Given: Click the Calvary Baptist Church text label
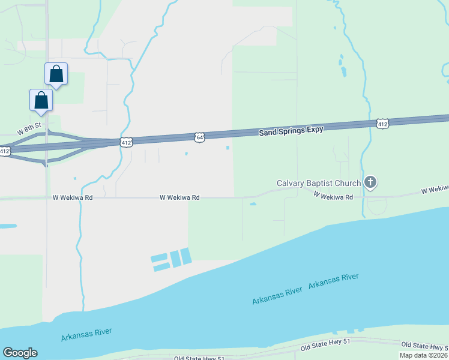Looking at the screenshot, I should (x=318, y=183).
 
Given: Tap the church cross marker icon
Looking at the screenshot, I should (x=370, y=182).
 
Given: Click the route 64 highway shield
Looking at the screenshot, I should (x=200, y=137).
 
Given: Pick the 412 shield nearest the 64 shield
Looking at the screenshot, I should (x=125, y=142).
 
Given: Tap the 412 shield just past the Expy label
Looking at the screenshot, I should (x=382, y=124).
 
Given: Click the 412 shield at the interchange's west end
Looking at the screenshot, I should (x=5, y=151).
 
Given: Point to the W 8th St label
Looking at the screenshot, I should (x=28, y=129).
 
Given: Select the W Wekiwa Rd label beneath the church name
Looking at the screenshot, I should (x=333, y=196).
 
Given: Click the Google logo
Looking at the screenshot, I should (x=20, y=353).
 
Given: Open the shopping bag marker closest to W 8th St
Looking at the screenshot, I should (x=41, y=100).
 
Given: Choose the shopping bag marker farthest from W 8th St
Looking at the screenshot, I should (x=56, y=74).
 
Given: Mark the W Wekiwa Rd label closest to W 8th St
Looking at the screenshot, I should (x=73, y=197).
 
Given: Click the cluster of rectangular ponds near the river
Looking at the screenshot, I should (x=171, y=260).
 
